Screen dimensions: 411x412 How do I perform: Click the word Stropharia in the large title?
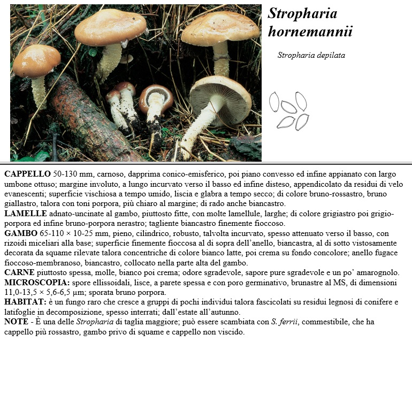click(302, 13)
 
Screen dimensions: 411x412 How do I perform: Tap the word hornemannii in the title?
click(310, 32)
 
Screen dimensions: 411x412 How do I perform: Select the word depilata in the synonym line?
click(331, 55)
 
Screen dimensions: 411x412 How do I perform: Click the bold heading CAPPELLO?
click(27, 174)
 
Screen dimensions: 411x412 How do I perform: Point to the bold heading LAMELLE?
click(26, 214)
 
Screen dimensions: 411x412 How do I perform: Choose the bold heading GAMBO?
click(21, 233)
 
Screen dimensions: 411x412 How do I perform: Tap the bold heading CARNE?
click(20, 272)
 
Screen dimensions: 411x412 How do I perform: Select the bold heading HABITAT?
click(25, 302)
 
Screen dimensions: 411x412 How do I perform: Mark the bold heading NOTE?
click(16, 322)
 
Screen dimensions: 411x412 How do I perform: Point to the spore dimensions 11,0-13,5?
click(24, 292)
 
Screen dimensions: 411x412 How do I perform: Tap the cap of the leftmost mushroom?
click(36, 60)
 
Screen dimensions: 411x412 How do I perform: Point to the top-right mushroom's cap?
click(220, 28)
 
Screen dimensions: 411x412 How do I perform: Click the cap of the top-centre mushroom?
click(110, 26)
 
